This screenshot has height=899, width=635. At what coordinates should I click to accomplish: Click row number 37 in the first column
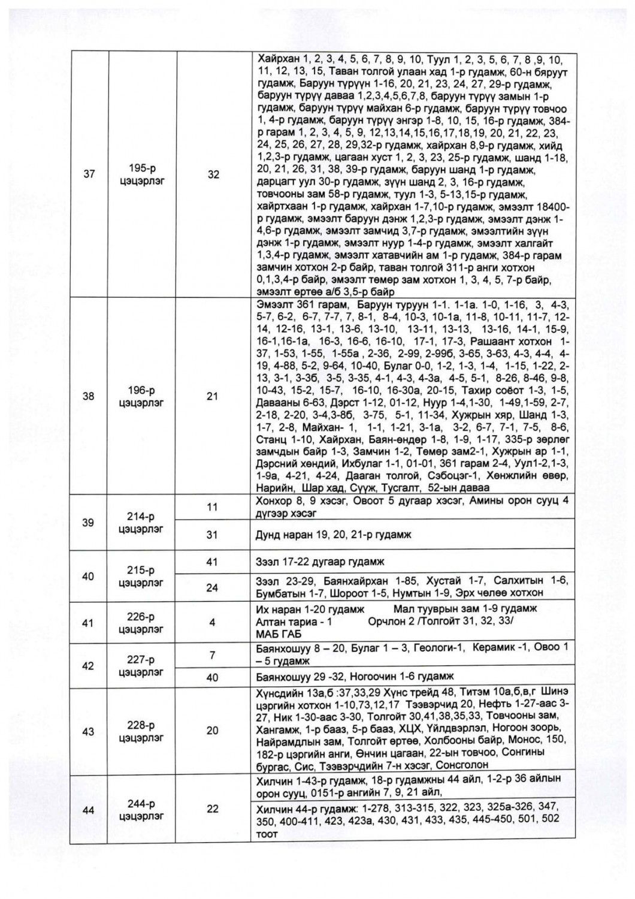[x=89, y=174]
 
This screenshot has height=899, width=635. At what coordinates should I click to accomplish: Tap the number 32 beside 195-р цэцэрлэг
[x=213, y=174]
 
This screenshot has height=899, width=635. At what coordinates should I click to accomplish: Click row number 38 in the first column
[x=89, y=396]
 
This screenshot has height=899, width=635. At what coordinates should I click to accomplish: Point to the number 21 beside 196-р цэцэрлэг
[x=213, y=396]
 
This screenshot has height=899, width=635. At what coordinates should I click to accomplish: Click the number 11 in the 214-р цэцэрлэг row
[x=211, y=507]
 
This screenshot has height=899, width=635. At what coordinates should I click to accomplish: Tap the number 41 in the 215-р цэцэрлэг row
[x=212, y=562]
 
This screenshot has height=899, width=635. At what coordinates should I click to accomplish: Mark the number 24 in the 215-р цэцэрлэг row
[x=212, y=587]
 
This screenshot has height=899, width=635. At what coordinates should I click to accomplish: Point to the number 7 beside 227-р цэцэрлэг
[x=212, y=655]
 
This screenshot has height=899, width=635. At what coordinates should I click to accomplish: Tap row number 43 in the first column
[x=89, y=731]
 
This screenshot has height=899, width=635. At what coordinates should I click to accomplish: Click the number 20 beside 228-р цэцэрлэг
[x=213, y=731]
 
